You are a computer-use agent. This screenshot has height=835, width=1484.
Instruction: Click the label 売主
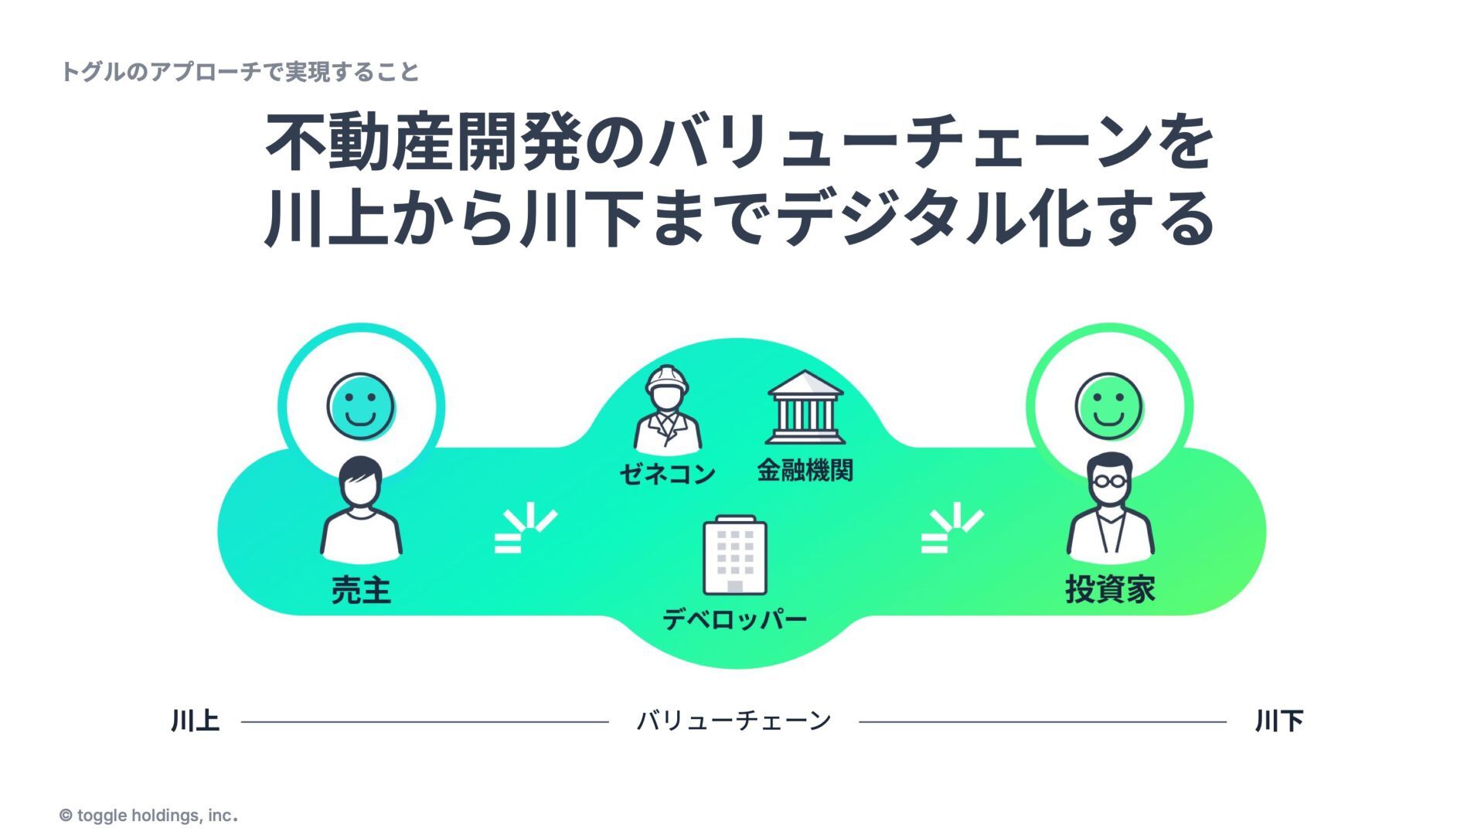click(361, 591)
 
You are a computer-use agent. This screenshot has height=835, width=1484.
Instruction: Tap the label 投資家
click(1110, 589)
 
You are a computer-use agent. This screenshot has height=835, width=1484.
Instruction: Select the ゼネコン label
click(667, 473)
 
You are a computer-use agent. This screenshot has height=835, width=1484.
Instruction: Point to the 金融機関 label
click(805, 470)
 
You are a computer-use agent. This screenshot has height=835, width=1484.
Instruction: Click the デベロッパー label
click(734, 619)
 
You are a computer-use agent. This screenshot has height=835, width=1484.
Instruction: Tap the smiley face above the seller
click(360, 407)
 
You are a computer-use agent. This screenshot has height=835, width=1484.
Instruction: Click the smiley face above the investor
click(1108, 407)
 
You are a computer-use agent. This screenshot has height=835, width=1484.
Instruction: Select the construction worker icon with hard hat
click(668, 410)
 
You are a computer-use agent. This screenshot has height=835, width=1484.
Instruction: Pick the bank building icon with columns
click(805, 407)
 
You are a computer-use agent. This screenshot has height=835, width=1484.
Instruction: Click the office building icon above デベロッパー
click(734, 555)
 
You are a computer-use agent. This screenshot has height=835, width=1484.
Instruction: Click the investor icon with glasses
click(1110, 506)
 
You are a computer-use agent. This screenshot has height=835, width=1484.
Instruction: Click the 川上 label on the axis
click(195, 721)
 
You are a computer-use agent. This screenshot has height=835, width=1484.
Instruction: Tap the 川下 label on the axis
click(1278, 721)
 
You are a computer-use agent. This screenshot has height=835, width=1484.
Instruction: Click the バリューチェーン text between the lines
click(733, 721)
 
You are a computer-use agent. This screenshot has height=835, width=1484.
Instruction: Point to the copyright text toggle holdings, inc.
click(148, 816)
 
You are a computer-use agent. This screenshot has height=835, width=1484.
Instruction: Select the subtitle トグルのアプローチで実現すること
click(239, 73)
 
